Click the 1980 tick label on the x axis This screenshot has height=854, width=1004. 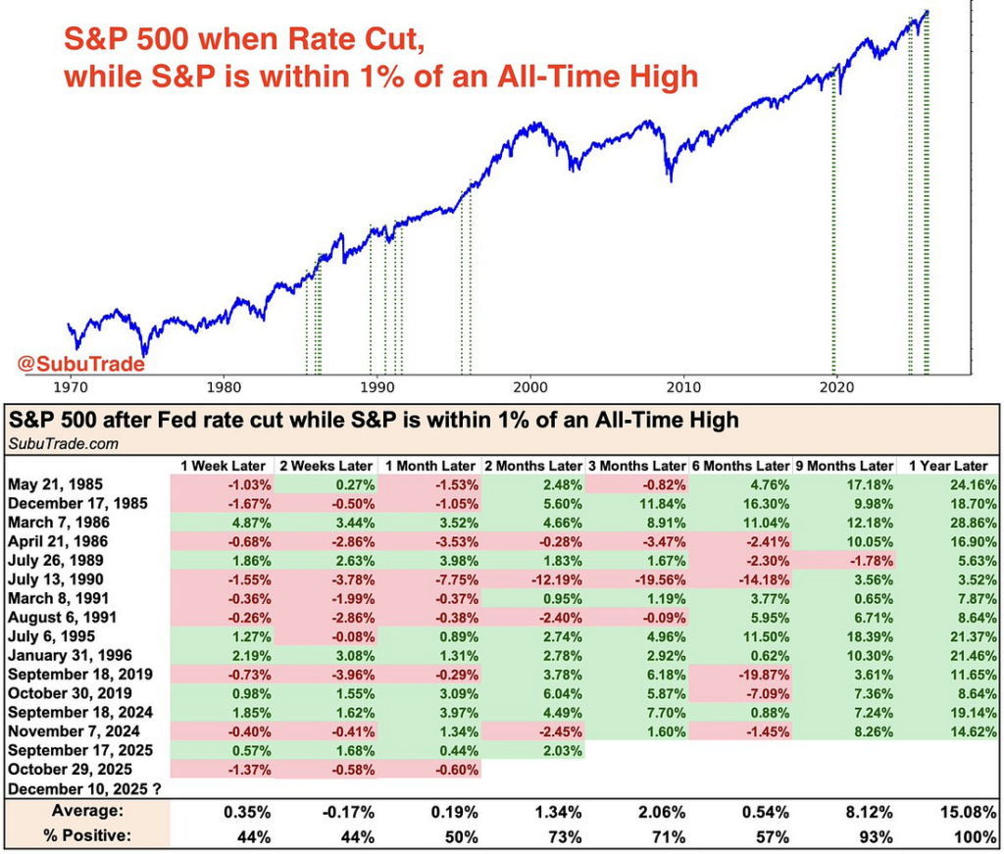(224, 386)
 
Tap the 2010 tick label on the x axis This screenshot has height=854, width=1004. (683, 386)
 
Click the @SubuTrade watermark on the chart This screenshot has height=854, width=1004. (81, 365)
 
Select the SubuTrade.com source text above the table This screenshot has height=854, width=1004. (64, 443)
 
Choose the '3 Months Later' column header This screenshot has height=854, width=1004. (637, 466)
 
